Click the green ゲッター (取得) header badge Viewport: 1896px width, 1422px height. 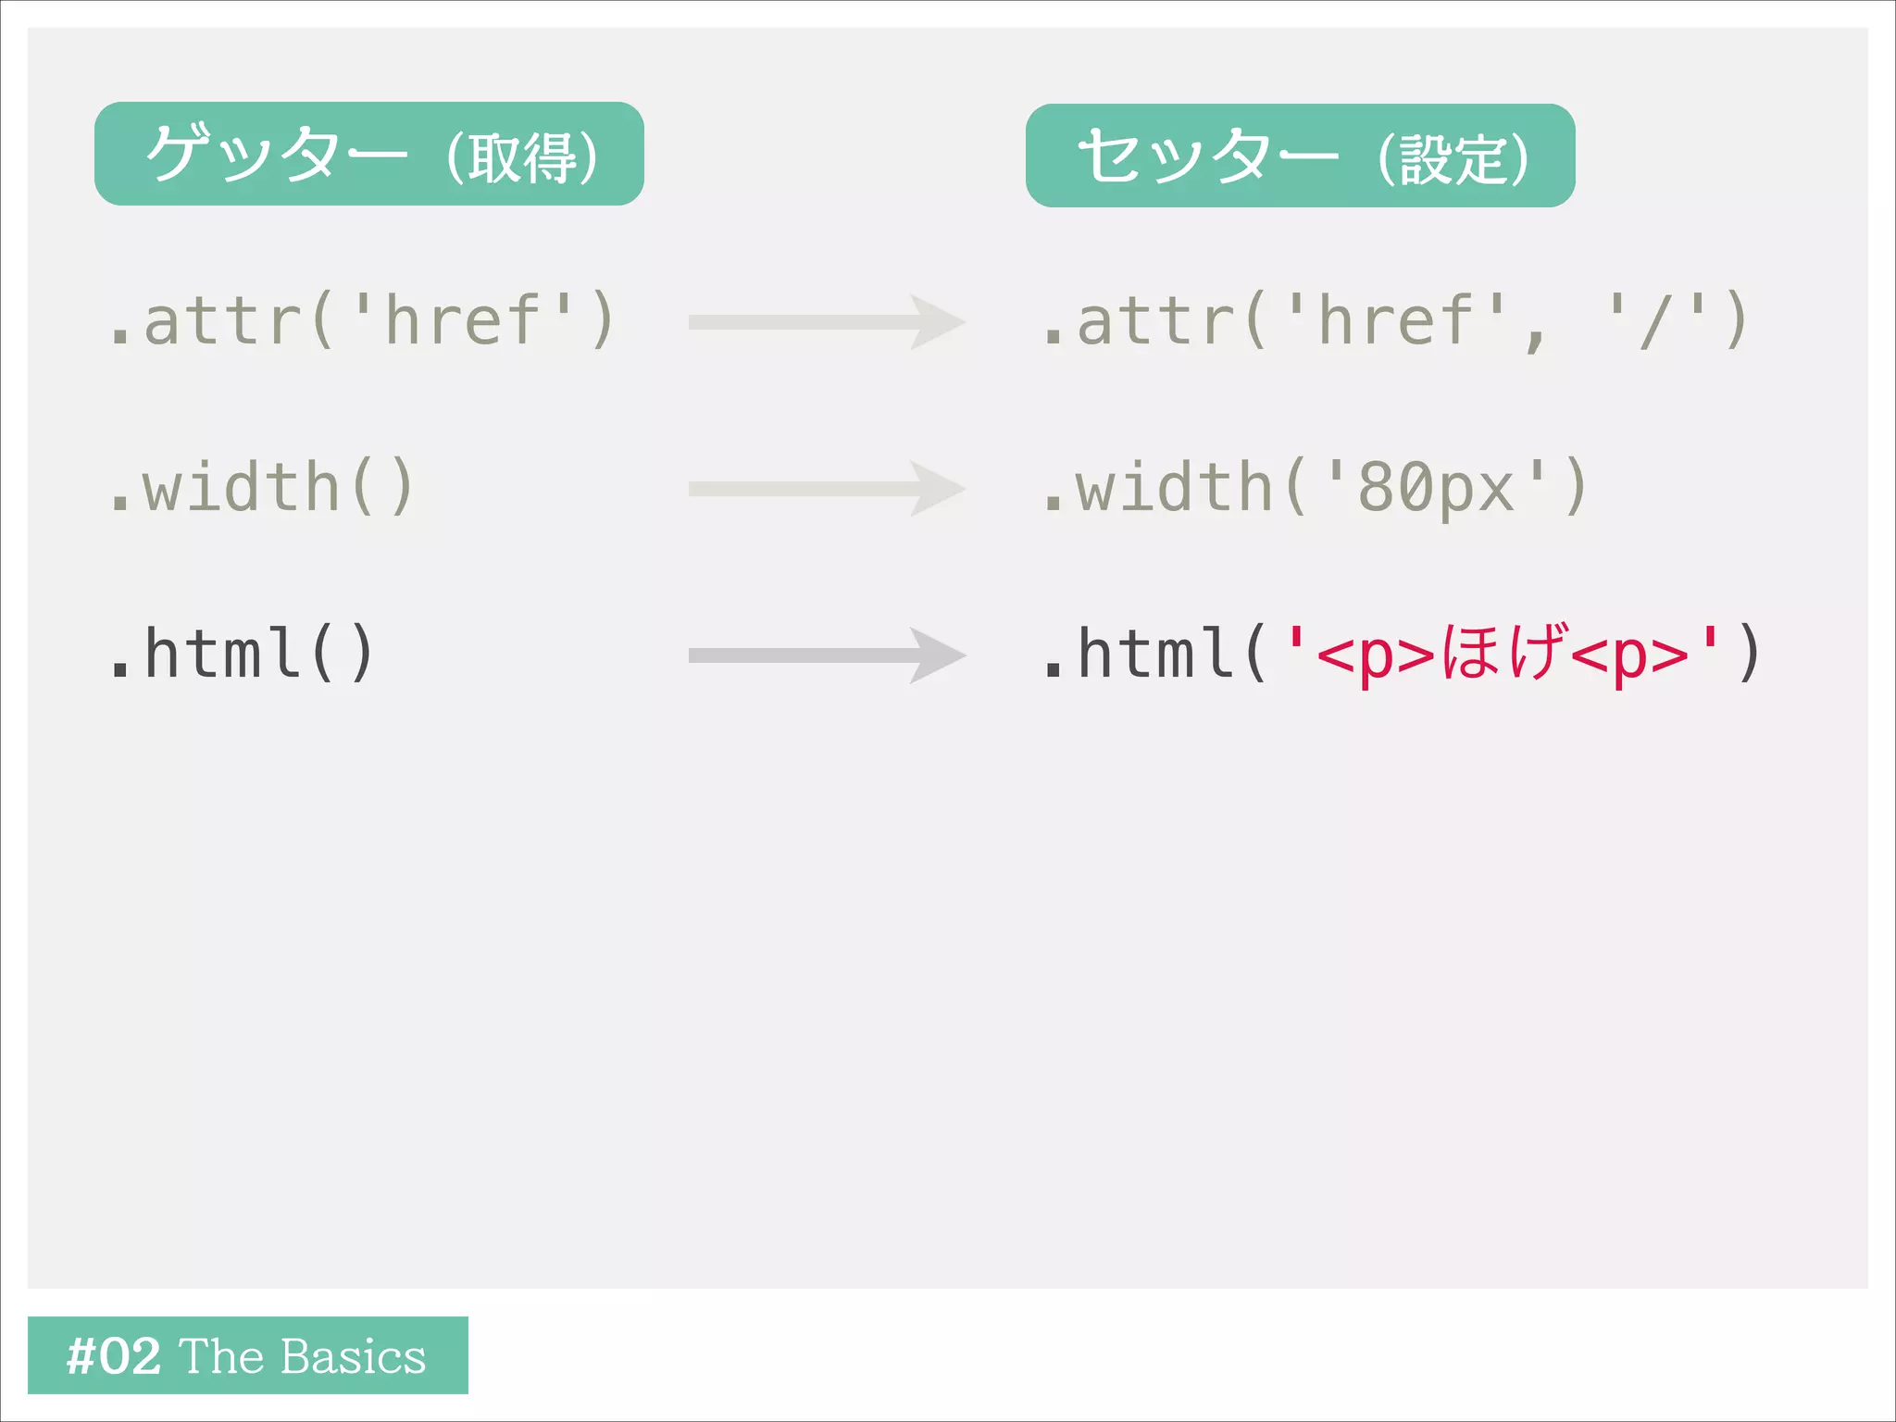pos(368,154)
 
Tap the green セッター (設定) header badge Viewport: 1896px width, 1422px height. pos(1300,156)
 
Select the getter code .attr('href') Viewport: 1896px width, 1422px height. pos(361,320)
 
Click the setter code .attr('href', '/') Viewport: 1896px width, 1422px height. pos(1394,320)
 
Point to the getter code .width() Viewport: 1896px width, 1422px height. pos(261,487)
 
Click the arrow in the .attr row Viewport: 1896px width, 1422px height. pos(826,322)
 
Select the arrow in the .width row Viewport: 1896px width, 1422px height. pos(826,489)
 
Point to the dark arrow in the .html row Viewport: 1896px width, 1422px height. pos(826,655)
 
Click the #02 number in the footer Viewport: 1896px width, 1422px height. pos(114,1356)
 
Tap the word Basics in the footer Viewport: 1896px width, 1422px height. pos(353,1356)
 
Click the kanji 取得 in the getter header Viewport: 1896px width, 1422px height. pos(522,157)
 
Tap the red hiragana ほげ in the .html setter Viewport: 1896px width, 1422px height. pos(1505,652)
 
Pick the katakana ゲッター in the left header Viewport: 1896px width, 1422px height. pos(276,154)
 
